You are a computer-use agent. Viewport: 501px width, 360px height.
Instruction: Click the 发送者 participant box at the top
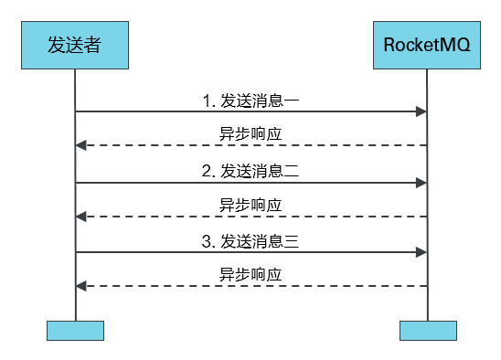75,45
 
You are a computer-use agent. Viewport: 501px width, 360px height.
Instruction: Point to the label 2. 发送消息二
250,171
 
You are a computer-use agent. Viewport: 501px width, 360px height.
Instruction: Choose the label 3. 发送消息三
250,241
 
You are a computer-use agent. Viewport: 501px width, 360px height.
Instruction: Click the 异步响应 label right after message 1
250,133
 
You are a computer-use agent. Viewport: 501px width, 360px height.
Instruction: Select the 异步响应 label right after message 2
250,204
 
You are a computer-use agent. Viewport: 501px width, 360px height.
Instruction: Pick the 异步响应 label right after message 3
250,274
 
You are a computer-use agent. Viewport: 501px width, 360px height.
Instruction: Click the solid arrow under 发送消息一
250,111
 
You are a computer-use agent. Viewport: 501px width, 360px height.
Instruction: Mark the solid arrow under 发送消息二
250,183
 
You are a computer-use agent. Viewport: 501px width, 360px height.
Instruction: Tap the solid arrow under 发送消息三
250,252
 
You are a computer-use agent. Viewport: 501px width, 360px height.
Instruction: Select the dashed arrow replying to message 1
250,145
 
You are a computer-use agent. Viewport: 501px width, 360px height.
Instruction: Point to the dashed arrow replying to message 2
250,217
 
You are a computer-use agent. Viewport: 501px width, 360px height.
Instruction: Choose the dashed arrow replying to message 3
250,286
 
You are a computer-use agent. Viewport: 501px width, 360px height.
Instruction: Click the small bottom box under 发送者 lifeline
75,330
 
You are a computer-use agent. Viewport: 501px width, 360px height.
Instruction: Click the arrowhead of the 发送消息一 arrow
422,111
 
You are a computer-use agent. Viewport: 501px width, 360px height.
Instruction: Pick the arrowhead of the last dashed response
80,286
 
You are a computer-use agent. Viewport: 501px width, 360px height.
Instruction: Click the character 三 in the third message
293,241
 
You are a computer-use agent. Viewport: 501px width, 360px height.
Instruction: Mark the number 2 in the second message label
207,171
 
